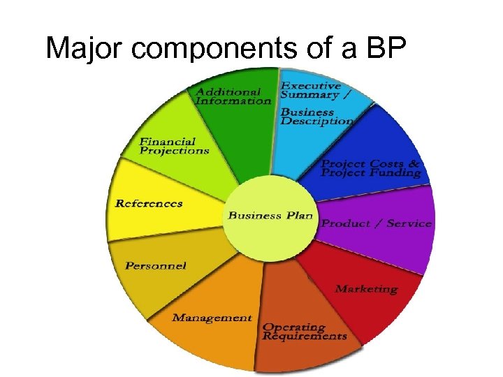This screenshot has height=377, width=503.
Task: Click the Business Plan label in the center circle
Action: [x=270, y=215]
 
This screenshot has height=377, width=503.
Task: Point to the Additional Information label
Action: [x=233, y=96]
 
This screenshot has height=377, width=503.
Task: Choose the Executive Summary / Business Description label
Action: [x=316, y=103]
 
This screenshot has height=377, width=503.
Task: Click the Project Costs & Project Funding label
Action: [x=370, y=168]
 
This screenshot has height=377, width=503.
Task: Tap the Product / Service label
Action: [x=376, y=223]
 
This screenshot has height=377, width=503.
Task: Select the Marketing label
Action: [x=366, y=288]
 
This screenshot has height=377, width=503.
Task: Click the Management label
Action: [x=212, y=318]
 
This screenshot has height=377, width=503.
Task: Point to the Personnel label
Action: [x=155, y=265]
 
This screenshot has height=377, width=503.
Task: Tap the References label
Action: [x=149, y=204]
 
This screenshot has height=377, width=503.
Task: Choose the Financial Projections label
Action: [x=174, y=146]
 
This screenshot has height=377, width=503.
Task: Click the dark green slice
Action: [x=245, y=133]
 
